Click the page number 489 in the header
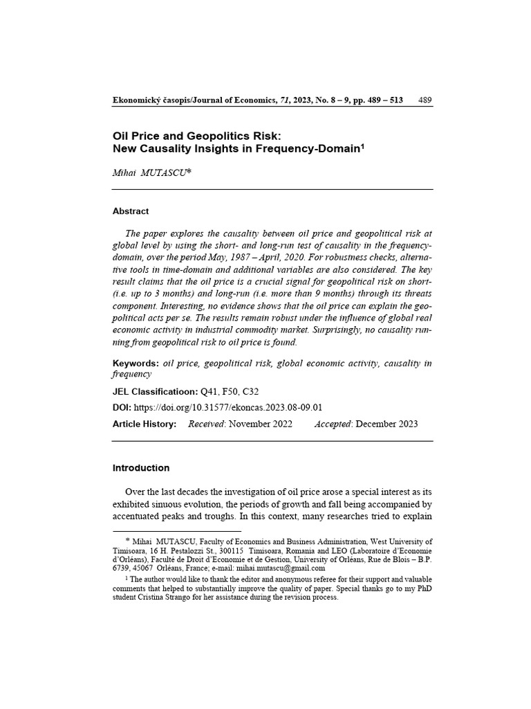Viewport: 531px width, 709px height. (425, 100)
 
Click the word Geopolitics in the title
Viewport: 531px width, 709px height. (198, 136)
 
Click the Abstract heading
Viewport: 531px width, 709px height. (131, 211)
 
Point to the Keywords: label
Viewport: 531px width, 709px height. (136, 364)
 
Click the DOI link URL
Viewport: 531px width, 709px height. (228, 408)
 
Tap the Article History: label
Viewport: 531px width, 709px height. (145, 424)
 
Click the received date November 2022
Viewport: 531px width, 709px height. (259, 424)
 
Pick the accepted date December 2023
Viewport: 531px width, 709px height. (386, 424)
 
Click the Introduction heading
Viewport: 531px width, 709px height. (141, 468)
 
